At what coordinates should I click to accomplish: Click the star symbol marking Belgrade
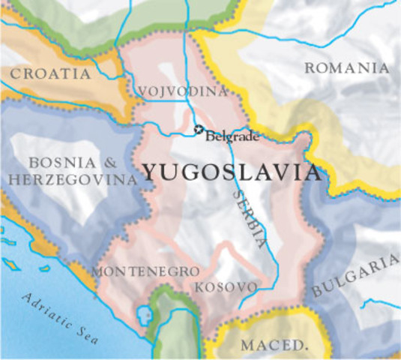click(x=199, y=130)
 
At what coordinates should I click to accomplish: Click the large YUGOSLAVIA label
click(x=231, y=172)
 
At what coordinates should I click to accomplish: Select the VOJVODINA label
click(x=183, y=91)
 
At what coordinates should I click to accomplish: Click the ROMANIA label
click(x=347, y=68)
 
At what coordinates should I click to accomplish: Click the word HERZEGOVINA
click(x=70, y=180)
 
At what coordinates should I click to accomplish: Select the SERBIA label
click(x=249, y=217)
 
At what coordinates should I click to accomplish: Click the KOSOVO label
click(x=226, y=287)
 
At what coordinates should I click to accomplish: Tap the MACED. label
click(x=274, y=346)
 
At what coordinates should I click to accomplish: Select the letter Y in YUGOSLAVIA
click(x=150, y=172)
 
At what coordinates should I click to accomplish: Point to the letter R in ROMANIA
click(x=309, y=68)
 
